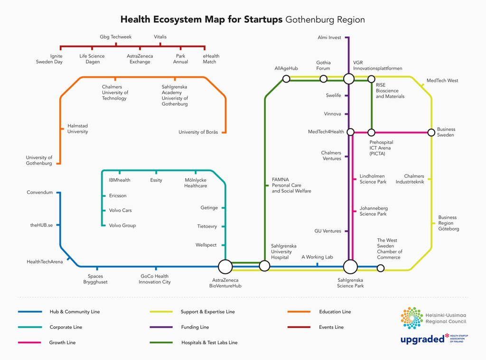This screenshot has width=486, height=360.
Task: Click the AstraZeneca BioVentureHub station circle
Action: [225, 267]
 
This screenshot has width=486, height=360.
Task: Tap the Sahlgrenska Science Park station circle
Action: [350, 267]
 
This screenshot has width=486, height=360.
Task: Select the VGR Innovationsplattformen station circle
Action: [349, 79]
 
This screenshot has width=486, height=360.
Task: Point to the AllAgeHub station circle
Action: [286, 79]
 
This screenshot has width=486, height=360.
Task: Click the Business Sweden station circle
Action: [431, 132]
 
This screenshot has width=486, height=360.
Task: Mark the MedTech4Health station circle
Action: [351, 132]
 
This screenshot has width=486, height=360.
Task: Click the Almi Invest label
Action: [329, 37]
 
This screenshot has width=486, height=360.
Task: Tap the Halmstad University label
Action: [77, 129]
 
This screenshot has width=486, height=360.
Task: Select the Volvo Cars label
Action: [120, 210]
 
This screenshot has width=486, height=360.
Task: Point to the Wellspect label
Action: [206, 245]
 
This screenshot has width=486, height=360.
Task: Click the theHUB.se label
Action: [41, 225]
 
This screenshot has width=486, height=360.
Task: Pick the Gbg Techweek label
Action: [116, 37]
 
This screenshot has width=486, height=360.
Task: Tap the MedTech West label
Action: [442, 81]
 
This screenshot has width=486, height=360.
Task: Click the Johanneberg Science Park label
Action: [373, 211]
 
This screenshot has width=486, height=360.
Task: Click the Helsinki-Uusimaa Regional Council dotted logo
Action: [411, 318]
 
